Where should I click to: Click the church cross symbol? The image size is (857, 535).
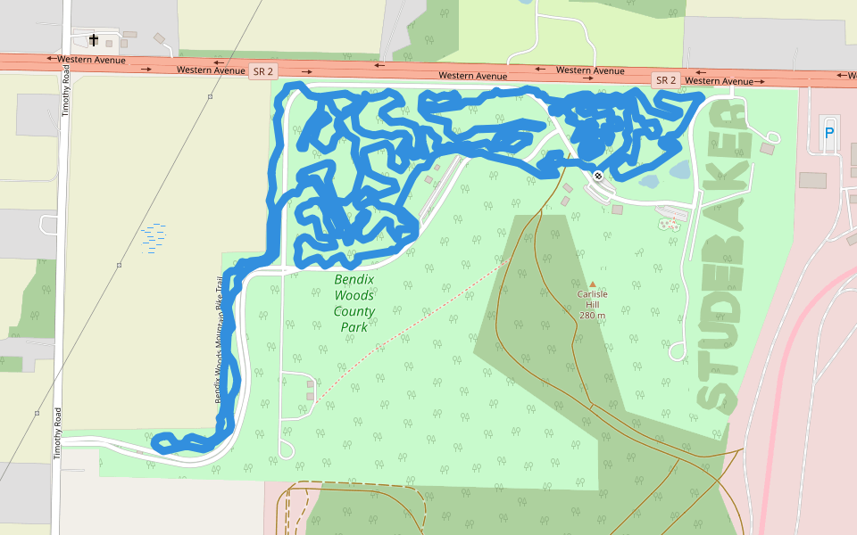click(94, 39)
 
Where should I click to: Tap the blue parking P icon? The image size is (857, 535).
click(829, 134)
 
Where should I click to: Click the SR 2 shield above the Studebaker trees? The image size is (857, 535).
click(666, 80)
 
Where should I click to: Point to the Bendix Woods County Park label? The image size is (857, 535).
click(354, 303)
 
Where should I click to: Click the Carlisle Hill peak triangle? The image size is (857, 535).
click(592, 284)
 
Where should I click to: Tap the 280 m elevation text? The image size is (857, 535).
click(592, 316)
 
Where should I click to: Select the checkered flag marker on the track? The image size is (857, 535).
click(597, 176)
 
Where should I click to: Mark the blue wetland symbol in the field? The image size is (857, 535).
click(153, 238)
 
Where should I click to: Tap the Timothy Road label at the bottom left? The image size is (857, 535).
click(57, 433)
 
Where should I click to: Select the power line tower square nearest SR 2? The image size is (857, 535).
click(210, 96)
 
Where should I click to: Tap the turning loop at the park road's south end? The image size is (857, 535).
click(286, 449)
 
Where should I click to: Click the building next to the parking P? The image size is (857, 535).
click(812, 180)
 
